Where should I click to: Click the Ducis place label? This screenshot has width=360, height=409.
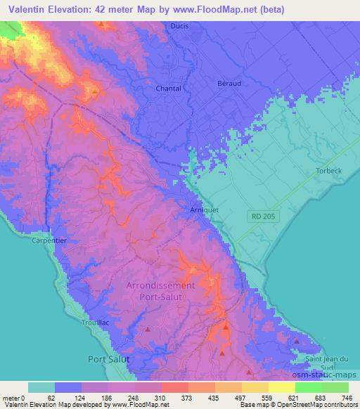[180, 26]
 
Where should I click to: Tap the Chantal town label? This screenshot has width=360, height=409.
[168, 89]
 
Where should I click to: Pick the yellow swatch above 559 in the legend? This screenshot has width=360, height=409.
[255, 387]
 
